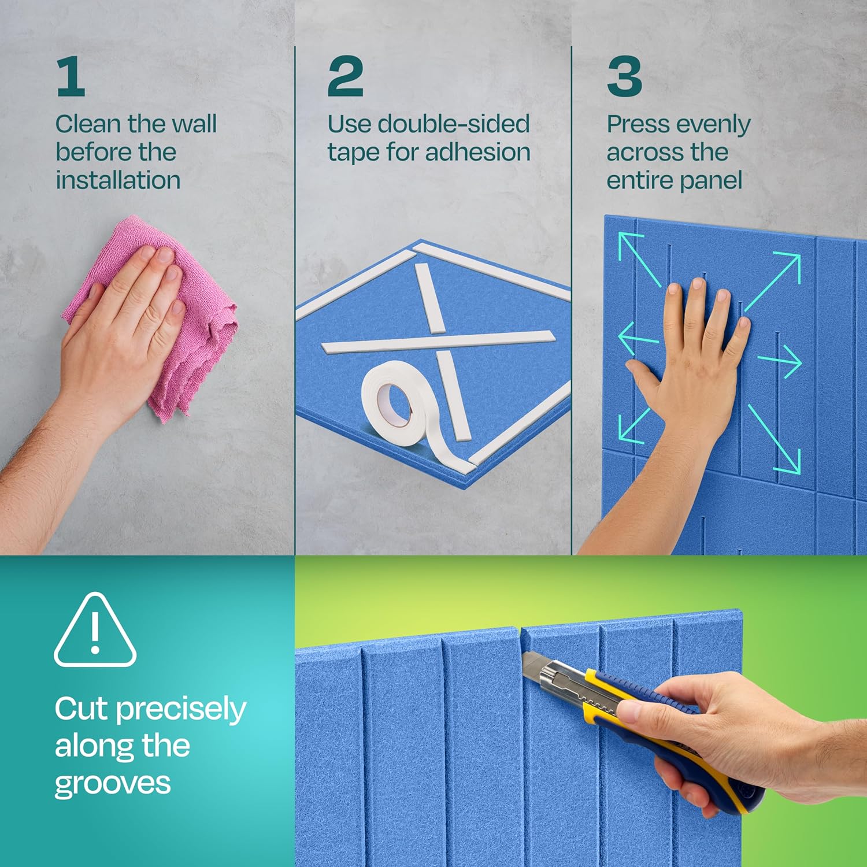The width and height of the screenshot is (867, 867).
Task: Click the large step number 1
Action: [71, 77]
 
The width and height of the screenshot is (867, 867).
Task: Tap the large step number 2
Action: [345, 77]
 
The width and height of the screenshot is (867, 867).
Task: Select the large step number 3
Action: [624, 77]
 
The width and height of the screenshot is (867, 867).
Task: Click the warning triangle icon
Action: [95, 630]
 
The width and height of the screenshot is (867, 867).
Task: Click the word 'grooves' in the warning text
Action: [113, 785]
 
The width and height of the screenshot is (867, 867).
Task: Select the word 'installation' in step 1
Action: [118, 180]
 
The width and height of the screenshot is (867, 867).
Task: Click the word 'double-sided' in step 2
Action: [453, 124]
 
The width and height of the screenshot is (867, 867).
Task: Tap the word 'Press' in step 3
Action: [638, 124]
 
